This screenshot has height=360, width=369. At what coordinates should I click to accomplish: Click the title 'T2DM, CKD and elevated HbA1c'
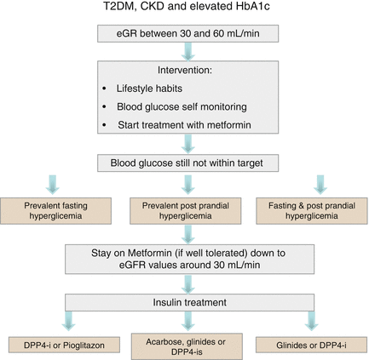pos(185,10)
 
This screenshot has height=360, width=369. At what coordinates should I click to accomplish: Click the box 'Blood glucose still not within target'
pos(185,160)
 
